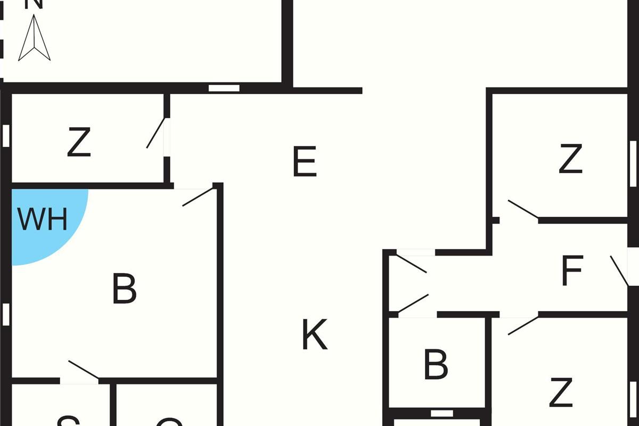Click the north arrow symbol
pos(34,38)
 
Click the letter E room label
pos(305,162)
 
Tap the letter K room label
pos(314,334)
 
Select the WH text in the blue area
pos(43,219)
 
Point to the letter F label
pos(572,271)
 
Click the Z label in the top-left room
pos(79,143)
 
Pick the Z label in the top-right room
pos(570,159)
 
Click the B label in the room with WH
pos(124,289)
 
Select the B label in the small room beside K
pos(436,365)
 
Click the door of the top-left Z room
pos(157,133)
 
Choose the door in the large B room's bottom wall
pos(83,370)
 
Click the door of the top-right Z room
pos(522,209)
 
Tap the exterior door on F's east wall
pos(619,271)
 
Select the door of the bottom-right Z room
pos(522,325)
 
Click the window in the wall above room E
pos(224,88)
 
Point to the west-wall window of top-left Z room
pos(6,136)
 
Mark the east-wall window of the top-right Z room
pos(633,163)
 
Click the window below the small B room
pos(441,413)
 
